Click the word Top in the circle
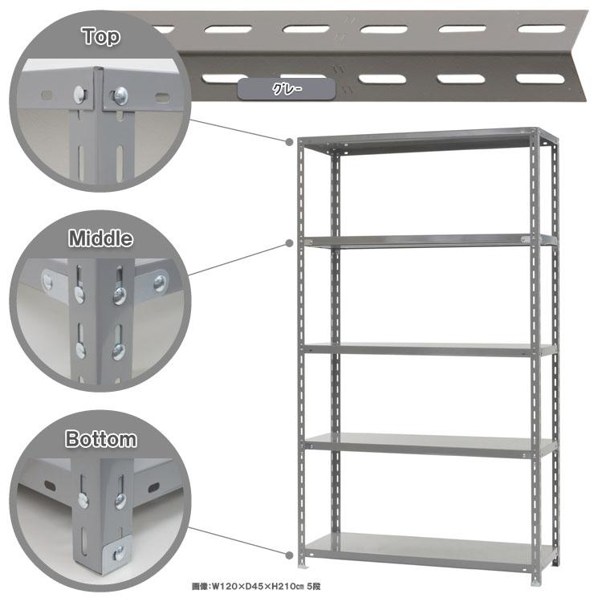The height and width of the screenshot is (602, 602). [101, 36]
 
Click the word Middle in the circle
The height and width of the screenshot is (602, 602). [100, 238]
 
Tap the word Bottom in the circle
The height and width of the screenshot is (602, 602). [101, 439]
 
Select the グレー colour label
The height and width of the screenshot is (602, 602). [287, 89]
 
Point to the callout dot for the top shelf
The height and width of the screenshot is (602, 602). [290, 142]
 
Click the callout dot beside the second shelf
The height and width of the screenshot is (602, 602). [290, 243]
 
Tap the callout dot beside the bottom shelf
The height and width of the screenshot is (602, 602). [290, 555]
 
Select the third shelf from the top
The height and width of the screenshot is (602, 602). [430, 349]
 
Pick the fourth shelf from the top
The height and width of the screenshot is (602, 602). [430, 445]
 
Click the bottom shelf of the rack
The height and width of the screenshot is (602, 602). [430, 550]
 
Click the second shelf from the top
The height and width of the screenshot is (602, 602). [430, 241]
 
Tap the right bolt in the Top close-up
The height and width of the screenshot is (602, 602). [120, 96]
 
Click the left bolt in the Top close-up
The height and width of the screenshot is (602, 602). [79, 95]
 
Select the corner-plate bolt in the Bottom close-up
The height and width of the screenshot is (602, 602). [119, 553]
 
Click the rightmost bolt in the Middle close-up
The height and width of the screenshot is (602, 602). [160, 283]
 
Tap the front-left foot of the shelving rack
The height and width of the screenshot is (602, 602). [303, 564]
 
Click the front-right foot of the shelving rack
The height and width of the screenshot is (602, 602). [535, 580]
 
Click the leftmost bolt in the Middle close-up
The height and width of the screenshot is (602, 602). [48, 282]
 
